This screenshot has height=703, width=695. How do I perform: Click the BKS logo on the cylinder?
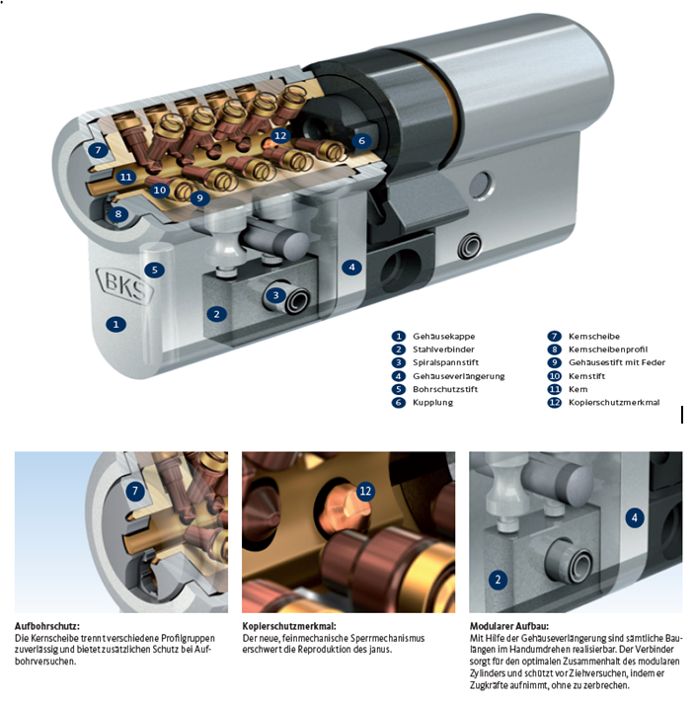125,285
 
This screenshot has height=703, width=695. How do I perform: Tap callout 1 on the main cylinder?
116,324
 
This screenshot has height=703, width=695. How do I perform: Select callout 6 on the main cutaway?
361,141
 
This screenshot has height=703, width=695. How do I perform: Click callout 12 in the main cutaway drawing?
280,136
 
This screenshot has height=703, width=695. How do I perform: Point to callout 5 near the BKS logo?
154,270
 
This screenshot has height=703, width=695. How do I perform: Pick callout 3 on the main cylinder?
275,295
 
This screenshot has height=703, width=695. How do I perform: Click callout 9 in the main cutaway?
199,197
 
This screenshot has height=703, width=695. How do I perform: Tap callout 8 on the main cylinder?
117,214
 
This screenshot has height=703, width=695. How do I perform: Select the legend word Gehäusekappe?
443,337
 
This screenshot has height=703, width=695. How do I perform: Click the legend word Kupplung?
432,403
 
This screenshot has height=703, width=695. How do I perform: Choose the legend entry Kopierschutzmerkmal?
614,402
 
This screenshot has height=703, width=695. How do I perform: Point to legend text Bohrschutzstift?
445,389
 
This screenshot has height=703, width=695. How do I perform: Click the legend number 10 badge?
554,376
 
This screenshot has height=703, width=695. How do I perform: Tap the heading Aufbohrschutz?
47,626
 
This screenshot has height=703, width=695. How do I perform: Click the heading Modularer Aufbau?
509,626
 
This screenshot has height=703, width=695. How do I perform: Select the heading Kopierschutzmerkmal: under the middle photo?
289,626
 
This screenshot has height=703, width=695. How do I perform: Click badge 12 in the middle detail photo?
365,491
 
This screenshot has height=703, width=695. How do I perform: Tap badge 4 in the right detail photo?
634,518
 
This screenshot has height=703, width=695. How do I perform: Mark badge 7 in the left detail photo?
135,491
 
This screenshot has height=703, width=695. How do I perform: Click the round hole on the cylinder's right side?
480,186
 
